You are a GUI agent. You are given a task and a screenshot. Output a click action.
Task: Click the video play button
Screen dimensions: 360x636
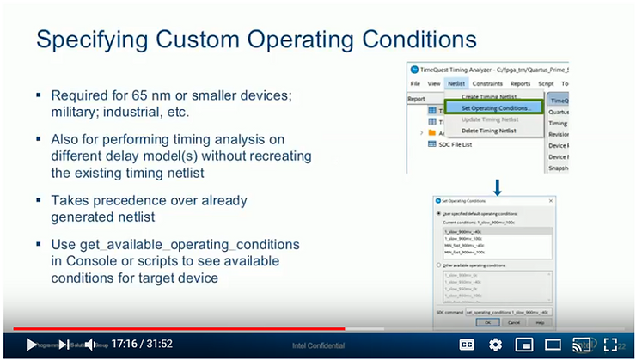31,345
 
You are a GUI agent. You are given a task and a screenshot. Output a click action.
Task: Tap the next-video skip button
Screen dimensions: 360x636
64,345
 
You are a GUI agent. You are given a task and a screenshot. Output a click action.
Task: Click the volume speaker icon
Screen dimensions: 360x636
90,345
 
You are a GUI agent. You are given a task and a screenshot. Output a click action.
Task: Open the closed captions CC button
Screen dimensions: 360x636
467,345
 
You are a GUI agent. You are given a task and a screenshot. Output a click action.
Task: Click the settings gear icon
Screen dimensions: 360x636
495,345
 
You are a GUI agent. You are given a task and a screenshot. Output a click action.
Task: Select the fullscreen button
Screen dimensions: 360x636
611,345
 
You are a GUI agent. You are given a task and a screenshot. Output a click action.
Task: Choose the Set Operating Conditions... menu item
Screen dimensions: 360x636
501,107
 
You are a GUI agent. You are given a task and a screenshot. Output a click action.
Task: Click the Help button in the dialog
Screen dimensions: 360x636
539,321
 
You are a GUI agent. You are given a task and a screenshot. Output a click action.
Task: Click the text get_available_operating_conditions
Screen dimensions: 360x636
175,245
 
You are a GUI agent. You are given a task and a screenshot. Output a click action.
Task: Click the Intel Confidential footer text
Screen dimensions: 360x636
317,345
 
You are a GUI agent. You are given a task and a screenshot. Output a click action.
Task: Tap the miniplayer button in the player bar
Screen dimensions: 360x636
523,345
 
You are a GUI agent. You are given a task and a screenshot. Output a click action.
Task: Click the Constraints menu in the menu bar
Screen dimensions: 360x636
491,83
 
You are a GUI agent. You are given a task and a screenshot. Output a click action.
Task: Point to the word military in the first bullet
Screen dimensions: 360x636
75,112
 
